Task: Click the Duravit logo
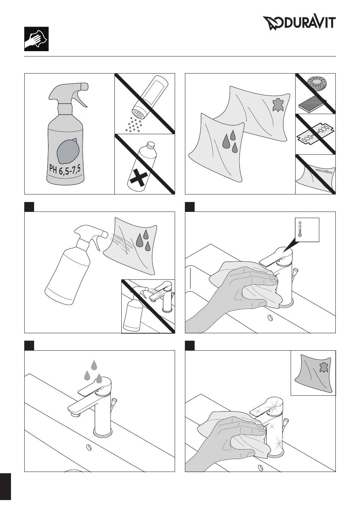(x=299, y=23)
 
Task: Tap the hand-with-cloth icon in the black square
(x=36, y=39)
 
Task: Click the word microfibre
(x=324, y=171)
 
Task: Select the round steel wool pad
(x=317, y=84)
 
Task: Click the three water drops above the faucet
(x=93, y=372)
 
